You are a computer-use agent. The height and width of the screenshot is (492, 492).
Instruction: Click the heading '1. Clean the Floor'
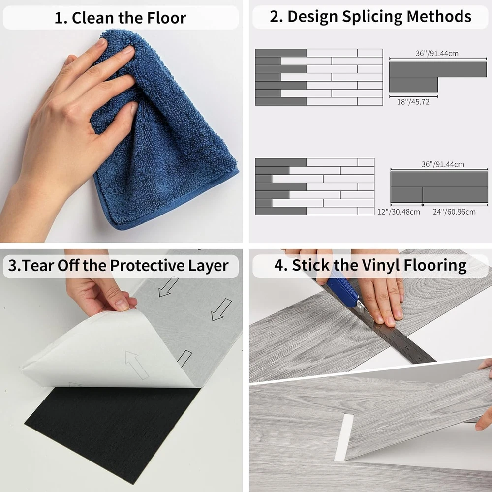coord(121,18)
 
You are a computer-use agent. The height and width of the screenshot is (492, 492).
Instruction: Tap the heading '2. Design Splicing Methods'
coord(370,16)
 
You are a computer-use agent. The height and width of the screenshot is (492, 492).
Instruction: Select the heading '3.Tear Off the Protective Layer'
coord(118,266)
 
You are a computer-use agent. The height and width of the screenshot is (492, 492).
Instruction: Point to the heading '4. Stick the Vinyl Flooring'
coord(370,265)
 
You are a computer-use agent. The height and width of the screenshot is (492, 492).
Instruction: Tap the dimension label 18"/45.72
coord(413,102)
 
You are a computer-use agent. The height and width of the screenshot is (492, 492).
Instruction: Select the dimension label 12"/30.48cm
coord(399,212)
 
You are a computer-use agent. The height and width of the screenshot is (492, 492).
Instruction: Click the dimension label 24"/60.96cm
coord(454,212)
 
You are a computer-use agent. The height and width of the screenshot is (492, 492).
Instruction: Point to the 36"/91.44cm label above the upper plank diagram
coord(437,53)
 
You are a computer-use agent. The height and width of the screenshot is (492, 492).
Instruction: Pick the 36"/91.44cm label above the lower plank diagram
coord(443,164)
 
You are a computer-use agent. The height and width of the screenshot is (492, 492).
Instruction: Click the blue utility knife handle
coord(342,288)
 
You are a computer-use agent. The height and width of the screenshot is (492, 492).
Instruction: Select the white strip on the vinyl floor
coord(343,437)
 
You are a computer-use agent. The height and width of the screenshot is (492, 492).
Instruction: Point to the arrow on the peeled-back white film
coord(136,365)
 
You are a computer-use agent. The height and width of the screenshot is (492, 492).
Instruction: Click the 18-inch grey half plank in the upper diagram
coord(413,85)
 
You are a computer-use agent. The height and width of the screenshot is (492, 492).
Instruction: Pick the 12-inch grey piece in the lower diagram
coord(406,195)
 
